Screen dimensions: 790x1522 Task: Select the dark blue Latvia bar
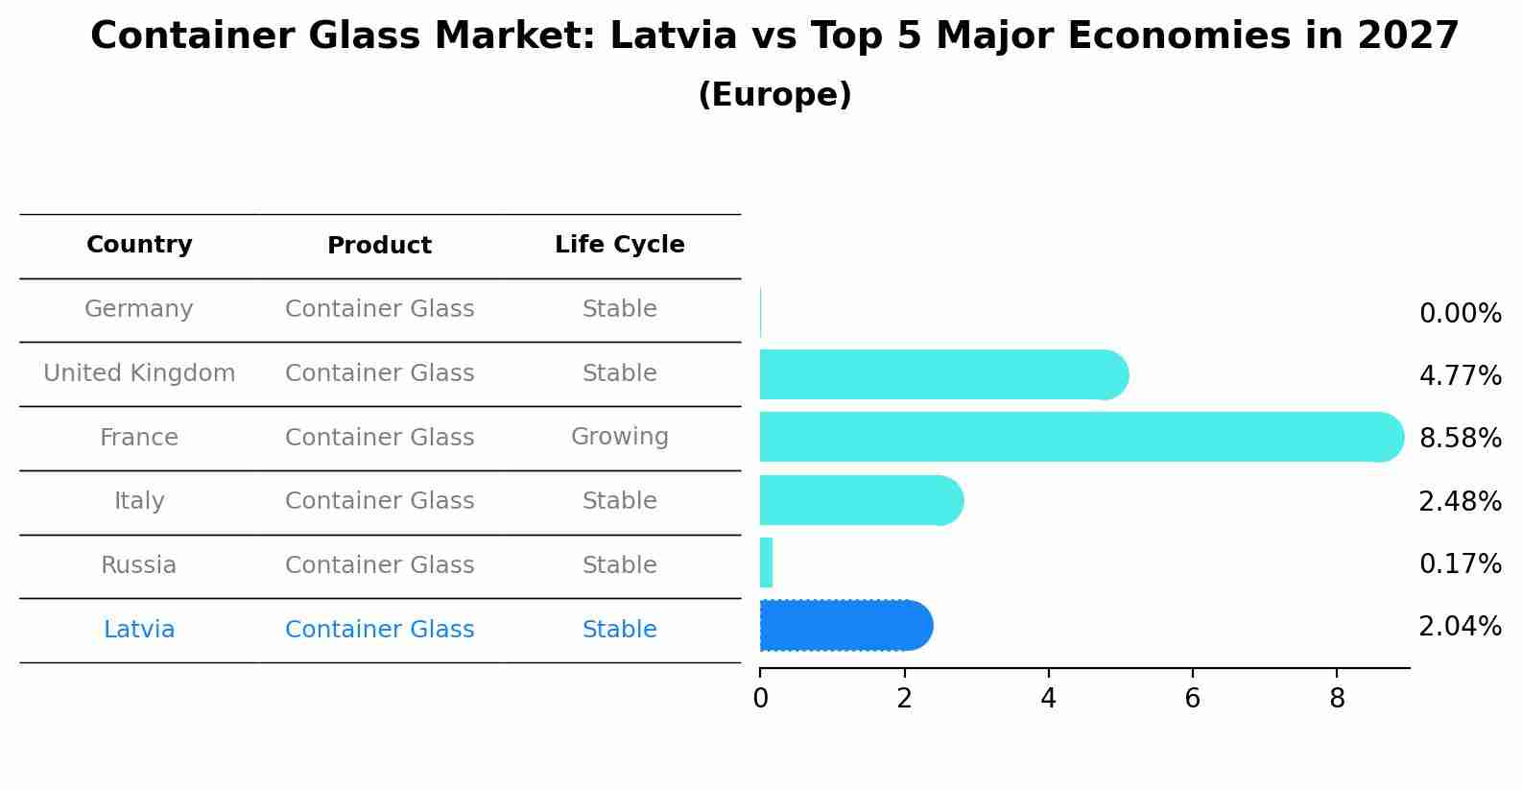[x=844, y=626]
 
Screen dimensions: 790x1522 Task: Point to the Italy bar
[x=860, y=500]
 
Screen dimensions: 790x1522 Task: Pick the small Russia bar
[x=766, y=563]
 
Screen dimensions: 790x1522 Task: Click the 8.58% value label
[x=1460, y=439]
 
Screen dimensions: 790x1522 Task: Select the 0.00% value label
[x=1460, y=314]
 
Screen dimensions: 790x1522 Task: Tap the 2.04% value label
[x=1460, y=627]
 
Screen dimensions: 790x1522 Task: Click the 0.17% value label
[x=1460, y=564]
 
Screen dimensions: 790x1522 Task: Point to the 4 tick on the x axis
[x=1048, y=699]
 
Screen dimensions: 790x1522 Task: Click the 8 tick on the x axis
[x=1337, y=699]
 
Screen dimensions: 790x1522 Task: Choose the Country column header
[x=139, y=245]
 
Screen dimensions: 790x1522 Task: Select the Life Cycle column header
[x=619, y=245]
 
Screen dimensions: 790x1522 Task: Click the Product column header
[x=379, y=246]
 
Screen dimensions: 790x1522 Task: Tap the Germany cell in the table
[x=139, y=309]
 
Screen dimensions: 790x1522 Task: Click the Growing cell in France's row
[x=619, y=437]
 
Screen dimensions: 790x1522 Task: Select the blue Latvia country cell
[x=139, y=630]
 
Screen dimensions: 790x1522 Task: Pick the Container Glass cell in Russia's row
[x=379, y=565]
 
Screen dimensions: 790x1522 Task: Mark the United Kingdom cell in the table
[x=139, y=373]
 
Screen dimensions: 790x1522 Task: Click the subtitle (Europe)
[x=774, y=95]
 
